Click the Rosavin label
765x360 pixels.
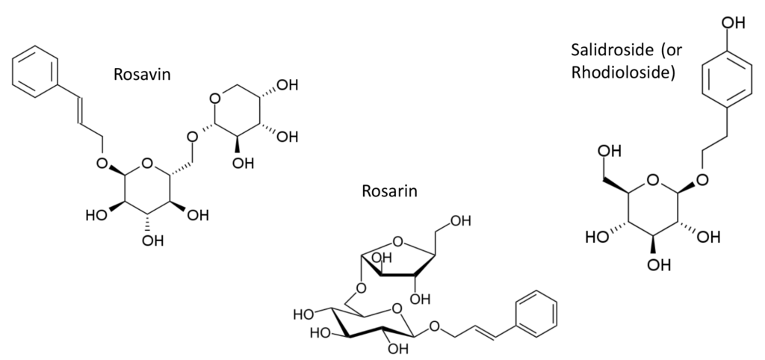tap(142, 74)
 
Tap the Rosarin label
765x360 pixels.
tap(389, 190)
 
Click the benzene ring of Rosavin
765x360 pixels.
tap(35, 72)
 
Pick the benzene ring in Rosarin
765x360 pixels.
tap(536, 314)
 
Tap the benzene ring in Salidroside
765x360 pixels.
tap(726, 79)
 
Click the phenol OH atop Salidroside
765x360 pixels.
tap(732, 23)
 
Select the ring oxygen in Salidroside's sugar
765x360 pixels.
tap(653, 181)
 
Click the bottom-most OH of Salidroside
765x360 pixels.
tap(659, 264)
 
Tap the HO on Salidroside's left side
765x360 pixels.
tap(598, 238)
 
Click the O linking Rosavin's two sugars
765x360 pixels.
tap(192, 137)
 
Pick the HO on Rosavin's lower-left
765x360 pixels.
tap(96, 215)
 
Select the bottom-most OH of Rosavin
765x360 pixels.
tap(152, 240)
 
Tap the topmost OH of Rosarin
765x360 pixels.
tap(460, 221)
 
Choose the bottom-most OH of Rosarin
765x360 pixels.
tap(397, 349)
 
